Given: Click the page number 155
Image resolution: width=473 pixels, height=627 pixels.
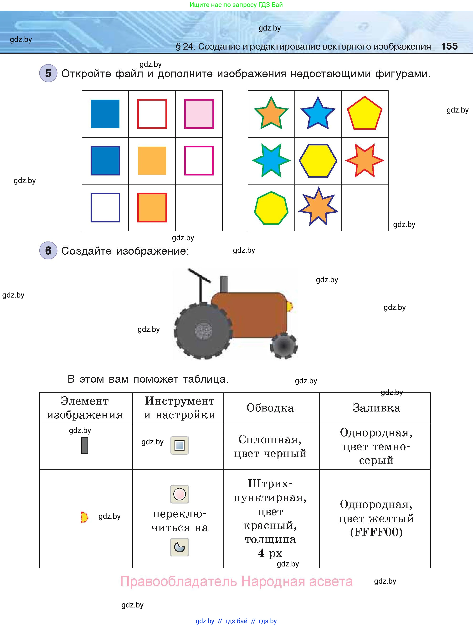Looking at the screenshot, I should click(x=449, y=46).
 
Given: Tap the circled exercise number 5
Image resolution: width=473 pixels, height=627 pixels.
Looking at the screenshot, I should click(x=48, y=73).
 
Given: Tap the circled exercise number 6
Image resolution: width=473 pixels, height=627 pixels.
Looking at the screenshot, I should click(x=48, y=250).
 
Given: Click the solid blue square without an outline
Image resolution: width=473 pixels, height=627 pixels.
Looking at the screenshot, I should click(x=105, y=114).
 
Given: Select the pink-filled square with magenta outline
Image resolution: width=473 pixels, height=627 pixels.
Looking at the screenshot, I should click(x=199, y=114).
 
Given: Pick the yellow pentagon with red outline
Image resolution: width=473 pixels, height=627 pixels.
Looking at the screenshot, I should click(x=365, y=114).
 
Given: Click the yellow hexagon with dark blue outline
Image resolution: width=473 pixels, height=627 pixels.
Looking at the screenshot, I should click(x=318, y=161).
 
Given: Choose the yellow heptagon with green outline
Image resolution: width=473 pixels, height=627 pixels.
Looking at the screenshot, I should click(x=271, y=208).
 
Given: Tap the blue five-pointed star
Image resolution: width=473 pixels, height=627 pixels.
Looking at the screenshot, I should click(x=318, y=113).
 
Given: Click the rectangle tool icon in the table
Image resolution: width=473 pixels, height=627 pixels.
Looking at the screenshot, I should click(x=179, y=445).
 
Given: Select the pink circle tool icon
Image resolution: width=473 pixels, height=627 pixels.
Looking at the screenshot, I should click(x=179, y=494).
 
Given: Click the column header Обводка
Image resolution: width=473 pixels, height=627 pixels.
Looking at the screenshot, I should click(x=270, y=408).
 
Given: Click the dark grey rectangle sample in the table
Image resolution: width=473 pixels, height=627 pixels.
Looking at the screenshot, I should click(x=85, y=445).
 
